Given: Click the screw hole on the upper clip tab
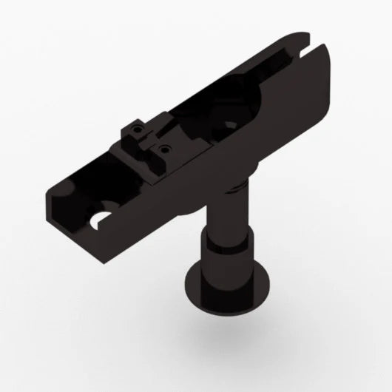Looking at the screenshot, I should coord(135,130).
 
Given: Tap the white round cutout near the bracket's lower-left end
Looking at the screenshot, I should coord(98,219).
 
